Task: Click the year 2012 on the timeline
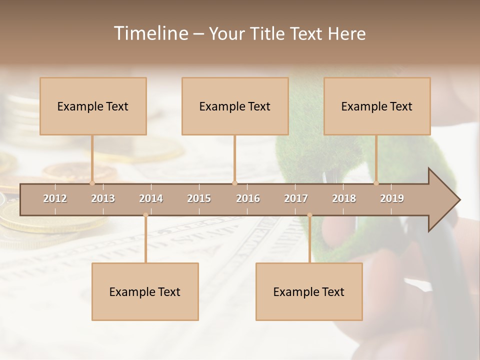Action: (x=55, y=198)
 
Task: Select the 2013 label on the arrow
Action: (x=103, y=198)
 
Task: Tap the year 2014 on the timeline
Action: (x=151, y=198)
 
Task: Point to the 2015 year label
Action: (x=199, y=198)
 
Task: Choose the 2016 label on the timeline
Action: (x=248, y=198)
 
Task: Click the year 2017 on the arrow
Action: (x=296, y=198)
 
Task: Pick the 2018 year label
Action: (x=344, y=198)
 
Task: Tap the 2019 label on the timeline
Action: (x=392, y=198)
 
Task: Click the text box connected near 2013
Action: (x=93, y=106)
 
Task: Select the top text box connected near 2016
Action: (x=235, y=106)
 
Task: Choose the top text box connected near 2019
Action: (x=377, y=106)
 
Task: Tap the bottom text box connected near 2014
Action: (x=145, y=291)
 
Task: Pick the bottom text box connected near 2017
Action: (x=309, y=291)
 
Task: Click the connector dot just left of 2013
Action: (x=92, y=183)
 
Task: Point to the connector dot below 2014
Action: (x=145, y=215)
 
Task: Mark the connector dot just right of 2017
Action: (x=309, y=215)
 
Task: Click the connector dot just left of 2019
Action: (x=376, y=183)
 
